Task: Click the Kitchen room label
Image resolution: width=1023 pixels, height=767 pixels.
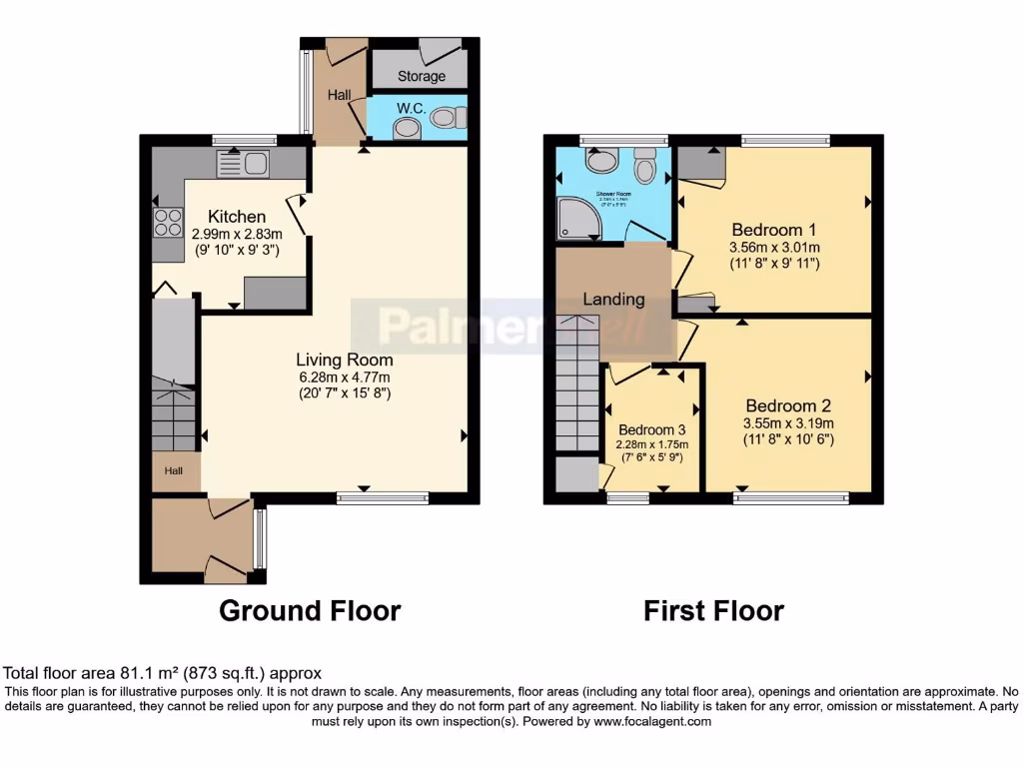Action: click(237, 217)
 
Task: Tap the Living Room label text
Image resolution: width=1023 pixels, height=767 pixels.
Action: click(344, 360)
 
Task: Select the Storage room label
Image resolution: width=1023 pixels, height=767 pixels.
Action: click(422, 76)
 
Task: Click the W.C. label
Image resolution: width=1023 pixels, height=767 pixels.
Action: click(411, 108)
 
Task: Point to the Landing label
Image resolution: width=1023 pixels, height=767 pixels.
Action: click(613, 299)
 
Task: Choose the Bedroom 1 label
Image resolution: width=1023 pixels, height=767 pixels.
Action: click(774, 226)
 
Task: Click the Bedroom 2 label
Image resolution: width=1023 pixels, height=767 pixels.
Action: click(788, 405)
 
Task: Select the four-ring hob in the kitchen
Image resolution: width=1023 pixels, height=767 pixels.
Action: click(168, 222)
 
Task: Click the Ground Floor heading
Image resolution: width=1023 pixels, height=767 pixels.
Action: click(310, 610)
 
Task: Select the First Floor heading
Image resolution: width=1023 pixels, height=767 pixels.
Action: click(713, 610)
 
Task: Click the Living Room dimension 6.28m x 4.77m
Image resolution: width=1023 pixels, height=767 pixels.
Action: click(344, 377)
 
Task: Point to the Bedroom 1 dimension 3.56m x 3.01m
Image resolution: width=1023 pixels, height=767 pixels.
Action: click(775, 248)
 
